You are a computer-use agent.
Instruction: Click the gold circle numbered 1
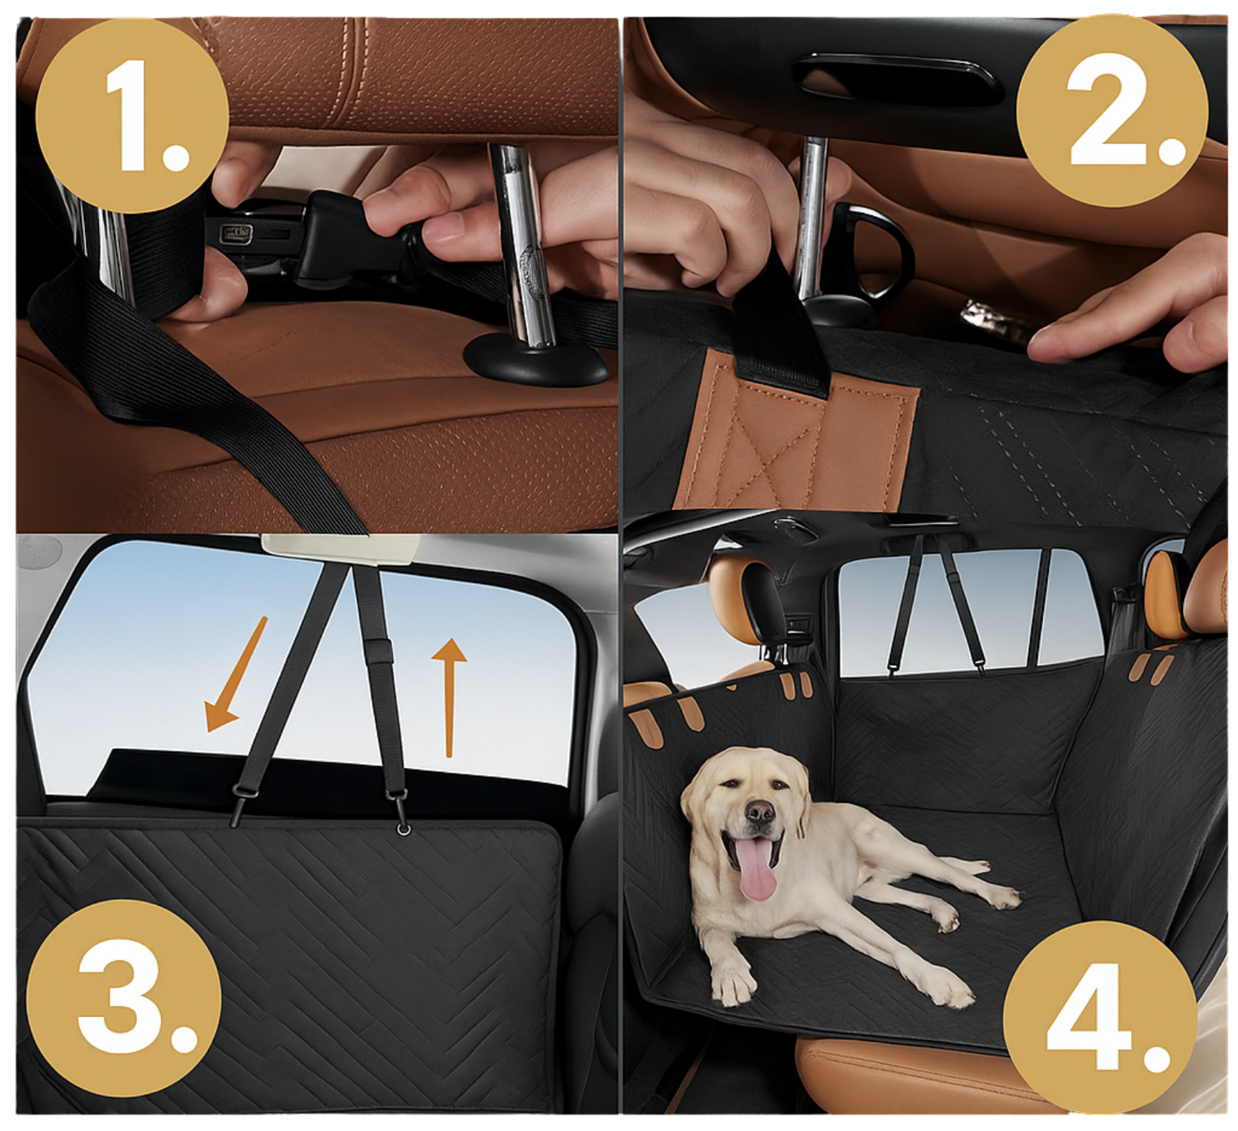pos(132,115)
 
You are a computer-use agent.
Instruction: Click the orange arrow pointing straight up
pos(449,697)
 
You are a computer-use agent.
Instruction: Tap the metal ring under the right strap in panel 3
pos(404,829)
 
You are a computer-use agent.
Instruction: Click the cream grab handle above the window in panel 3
pos(342,549)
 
